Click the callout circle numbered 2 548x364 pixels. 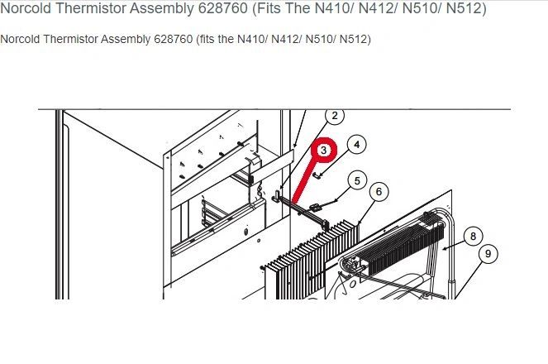coord(335,115)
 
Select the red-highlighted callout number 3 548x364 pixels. coord(324,150)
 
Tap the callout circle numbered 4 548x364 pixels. coord(356,145)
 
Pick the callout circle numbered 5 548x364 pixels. coord(357,181)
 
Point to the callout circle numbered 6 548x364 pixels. coord(379,192)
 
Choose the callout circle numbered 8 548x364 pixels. coord(474,237)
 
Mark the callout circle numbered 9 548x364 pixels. coord(488,253)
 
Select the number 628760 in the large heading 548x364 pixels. coord(222,8)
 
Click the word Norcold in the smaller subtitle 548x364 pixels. coord(20,39)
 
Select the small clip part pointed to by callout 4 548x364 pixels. coord(317,175)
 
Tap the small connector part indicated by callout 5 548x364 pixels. coord(315,208)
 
